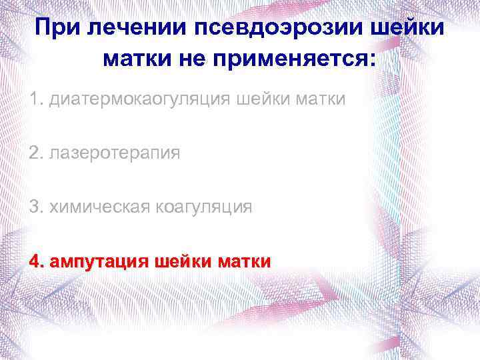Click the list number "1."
[x=36, y=100]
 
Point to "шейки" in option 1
[x=265, y=100]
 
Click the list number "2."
[x=36, y=153]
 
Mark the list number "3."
[x=36, y=207]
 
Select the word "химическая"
[x=97, y=207]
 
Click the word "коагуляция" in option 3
[x=204, y=207]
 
